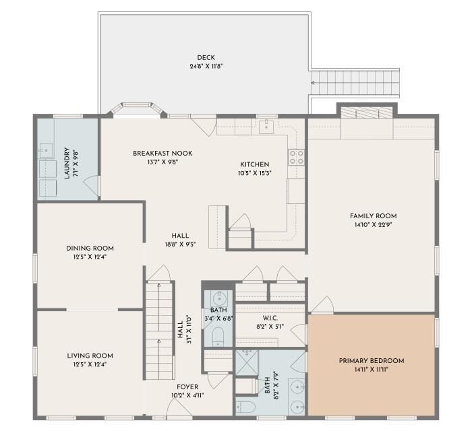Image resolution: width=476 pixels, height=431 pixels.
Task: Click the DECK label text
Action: (206, 57)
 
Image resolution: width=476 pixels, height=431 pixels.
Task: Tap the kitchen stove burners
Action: (297, 158)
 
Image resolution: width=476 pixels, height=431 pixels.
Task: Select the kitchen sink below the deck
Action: (267, 125)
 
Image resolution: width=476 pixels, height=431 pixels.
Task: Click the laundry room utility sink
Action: (46, 150)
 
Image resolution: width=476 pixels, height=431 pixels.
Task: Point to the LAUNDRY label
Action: (67, 164)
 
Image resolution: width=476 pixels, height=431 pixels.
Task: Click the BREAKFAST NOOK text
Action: (162, 154)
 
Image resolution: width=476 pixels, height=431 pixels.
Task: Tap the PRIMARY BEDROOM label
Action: (371, 361)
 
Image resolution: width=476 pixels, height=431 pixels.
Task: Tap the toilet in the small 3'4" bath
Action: (218, 336)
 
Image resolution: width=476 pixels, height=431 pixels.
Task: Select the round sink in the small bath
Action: (218, 299)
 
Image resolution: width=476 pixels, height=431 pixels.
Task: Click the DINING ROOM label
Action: (90, 248)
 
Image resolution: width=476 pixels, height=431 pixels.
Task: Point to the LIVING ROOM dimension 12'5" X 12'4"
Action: (90, 364)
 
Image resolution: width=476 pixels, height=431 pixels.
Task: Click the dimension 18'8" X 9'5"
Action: (179, 244)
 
